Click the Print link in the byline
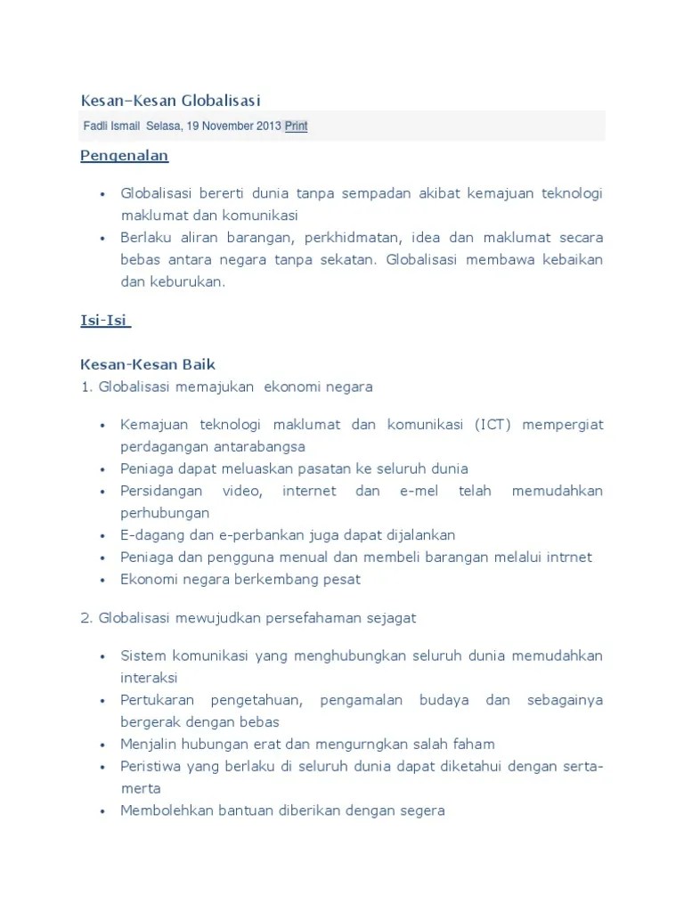click(x=296, y=126)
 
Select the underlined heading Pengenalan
click(x=125, y=156)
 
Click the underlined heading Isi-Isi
click(x=105, y=321)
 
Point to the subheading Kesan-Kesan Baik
click(x=148, y=364)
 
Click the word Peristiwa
click(x=151, y=766)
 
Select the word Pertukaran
click(x=157, y=700)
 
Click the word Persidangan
click(x=162, y=491)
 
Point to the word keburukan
click(x=188, y=281)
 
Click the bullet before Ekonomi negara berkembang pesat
click(x=104, y=580)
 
